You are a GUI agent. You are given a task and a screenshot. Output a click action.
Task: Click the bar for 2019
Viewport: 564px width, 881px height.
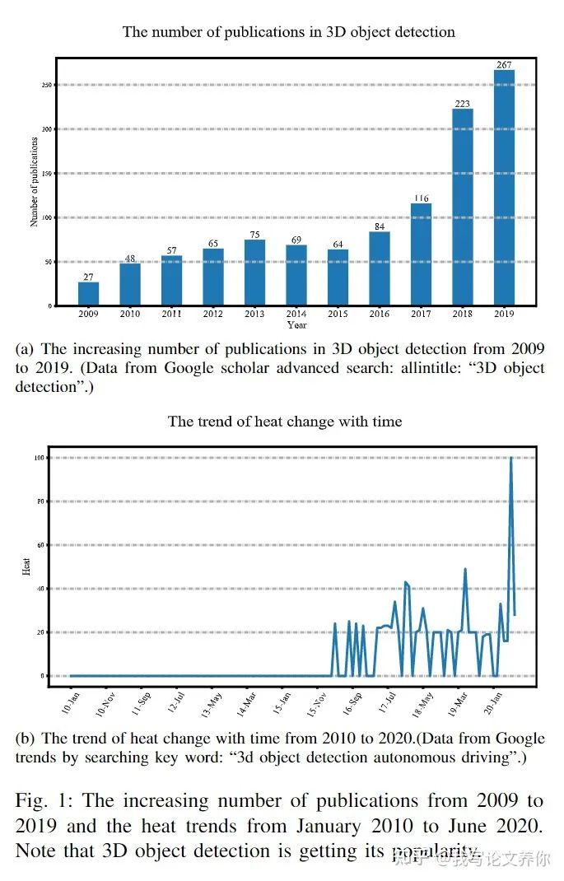pyautogui.click(x=504, y=188)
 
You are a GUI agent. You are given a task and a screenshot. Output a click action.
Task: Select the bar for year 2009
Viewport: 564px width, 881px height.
pyautogui.click(x=89, y=294)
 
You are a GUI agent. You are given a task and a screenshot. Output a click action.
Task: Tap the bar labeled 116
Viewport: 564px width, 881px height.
pyautogui.click(x=421, y=254)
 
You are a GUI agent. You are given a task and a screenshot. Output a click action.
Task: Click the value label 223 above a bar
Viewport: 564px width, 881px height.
pyautogui.click(x=463, y=103)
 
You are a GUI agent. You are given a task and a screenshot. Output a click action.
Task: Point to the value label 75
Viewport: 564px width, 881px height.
pyautogui.click(x=254, y=233)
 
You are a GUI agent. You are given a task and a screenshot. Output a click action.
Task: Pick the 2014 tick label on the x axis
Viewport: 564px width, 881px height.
pyautogui.click(x=296, y=314)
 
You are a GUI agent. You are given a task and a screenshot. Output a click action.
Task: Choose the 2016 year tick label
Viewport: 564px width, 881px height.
pyautogui.click(x=380, y=314)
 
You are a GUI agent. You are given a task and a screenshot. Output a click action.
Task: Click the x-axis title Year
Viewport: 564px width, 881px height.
pyautogui.click(x=296, y=324)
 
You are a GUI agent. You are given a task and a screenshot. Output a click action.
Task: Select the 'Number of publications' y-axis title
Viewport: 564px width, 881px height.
pyautogui.click(x=35, y=182)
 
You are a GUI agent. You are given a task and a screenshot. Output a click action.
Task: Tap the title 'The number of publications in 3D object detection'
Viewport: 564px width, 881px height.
pyautogui.click(x=288, y=32)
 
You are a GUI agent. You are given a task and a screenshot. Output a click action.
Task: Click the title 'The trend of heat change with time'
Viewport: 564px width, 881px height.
pyautogui.click(x=285, y=422)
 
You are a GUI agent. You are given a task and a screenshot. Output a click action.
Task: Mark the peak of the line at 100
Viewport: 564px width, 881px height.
pyautogui.click(x=511, y=458)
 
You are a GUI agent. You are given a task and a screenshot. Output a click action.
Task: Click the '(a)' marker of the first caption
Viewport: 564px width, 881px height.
pyautogui.click(x=24, y=349)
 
